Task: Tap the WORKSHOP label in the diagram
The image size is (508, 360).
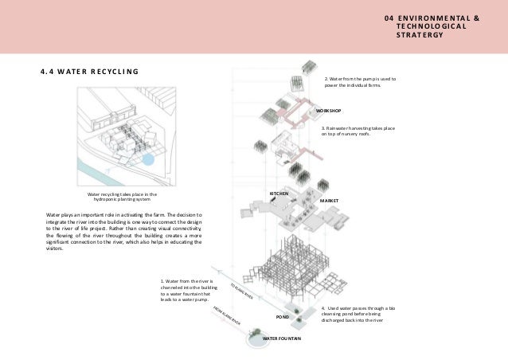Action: click(328, 110)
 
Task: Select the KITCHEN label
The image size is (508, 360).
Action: click(278, 194)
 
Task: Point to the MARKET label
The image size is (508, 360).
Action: click(330, 201)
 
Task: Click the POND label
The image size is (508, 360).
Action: click(281, 317)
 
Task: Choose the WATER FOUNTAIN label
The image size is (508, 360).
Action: click(282, 338)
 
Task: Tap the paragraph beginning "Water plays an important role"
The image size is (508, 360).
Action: click(124, 231)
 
